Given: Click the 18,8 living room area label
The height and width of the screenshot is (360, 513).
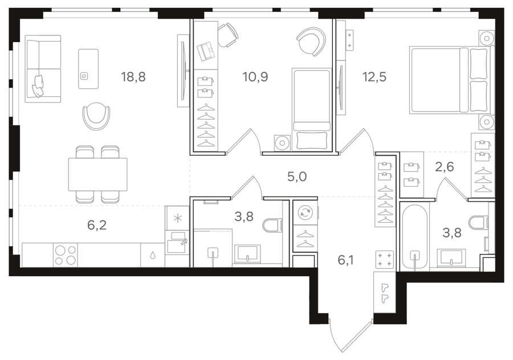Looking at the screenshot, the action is tap(133, 77).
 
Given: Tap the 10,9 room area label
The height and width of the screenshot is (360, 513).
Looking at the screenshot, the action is tap(255, 77).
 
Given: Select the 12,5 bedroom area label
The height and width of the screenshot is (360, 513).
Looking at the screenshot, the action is tap(374, 77).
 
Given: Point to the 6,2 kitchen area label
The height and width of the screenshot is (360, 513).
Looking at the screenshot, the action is tap(97, 226).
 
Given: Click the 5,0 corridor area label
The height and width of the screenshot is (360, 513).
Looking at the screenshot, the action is tap(297, 177).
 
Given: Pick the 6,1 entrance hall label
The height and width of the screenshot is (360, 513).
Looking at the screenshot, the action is tap(345, 260).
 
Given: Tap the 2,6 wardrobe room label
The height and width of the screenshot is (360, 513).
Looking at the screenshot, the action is tap(444, 167).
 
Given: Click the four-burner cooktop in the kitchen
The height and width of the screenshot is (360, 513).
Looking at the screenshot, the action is tap(66, 255).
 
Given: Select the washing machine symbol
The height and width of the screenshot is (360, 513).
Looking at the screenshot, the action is tap(305, 212).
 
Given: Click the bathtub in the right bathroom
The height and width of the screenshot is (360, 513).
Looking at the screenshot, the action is tap(414, 238).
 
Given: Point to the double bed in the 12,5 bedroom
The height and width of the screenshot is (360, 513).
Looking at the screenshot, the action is tap(451, 80).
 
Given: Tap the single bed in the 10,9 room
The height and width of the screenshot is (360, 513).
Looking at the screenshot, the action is tap(311, 110).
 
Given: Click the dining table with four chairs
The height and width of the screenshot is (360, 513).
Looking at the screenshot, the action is tap(97, 174).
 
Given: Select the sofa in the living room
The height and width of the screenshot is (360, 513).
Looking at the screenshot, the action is tap(43, 69).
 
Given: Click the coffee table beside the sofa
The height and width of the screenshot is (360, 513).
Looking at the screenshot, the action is tap(88, 69).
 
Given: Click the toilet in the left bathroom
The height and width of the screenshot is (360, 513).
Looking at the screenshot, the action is tap(272, 225).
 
